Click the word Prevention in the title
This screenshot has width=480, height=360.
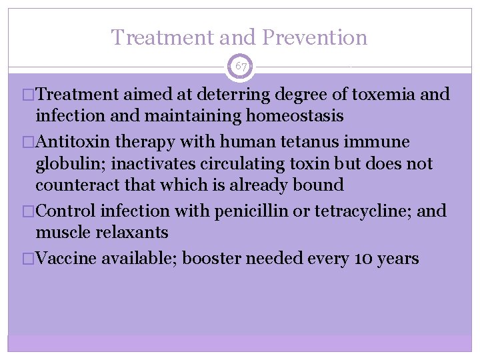pos(315,37)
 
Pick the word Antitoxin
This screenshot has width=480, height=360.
pos(73,142)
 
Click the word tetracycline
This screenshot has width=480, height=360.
pos(360,211)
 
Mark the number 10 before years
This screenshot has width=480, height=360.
pos(361,259)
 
